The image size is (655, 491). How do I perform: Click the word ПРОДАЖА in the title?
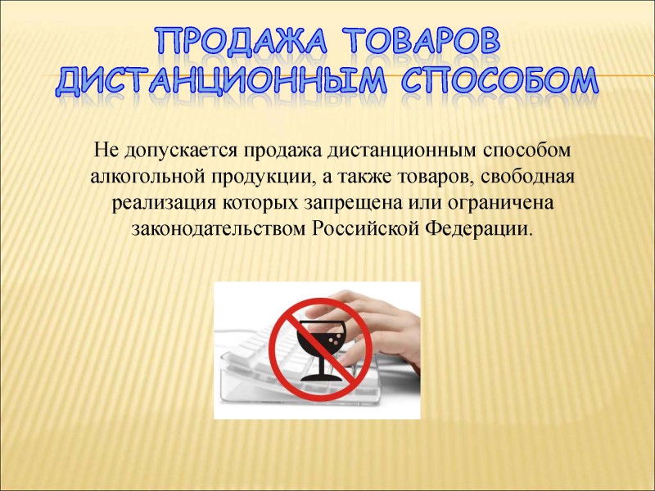[242, 42]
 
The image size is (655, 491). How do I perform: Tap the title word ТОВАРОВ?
[424, 41]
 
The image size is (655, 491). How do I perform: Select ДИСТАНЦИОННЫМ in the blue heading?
[221, 79]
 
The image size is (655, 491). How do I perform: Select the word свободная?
[527, 177]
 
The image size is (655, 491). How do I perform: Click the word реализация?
[163, 204]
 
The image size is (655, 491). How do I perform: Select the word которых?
[260, 204]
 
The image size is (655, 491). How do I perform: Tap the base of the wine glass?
[320, 378]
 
